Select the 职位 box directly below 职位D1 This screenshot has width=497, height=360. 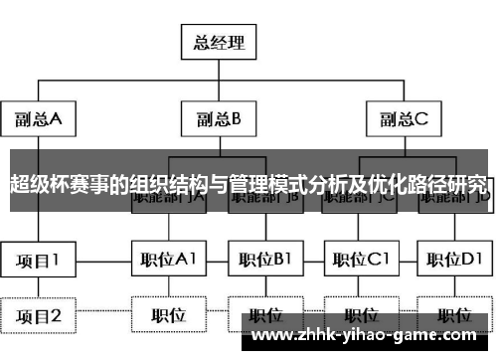454,316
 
